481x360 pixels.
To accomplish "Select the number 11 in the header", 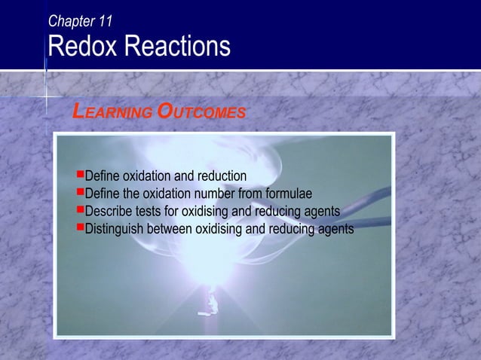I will pos(105,22).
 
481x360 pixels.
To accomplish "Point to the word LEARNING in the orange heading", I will pos(112,113).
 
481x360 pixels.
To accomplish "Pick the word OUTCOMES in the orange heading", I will pos(201,113).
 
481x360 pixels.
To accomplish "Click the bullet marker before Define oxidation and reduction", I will pos(80,175).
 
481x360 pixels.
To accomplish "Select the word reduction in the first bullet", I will pos(218,176).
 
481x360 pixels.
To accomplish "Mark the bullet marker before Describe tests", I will pos(80,210).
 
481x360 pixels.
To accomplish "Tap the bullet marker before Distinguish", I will pos(80,227).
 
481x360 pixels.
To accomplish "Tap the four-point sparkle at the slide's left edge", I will pos(47,96).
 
